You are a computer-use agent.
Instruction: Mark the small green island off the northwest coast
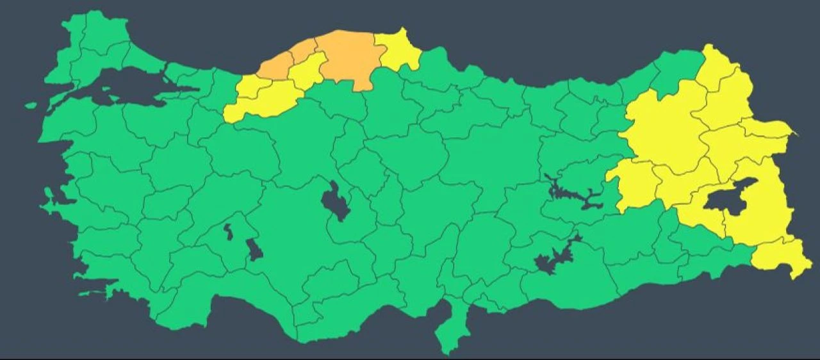coord(31,105)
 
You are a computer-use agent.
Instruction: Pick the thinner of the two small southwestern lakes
coord(229,232)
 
